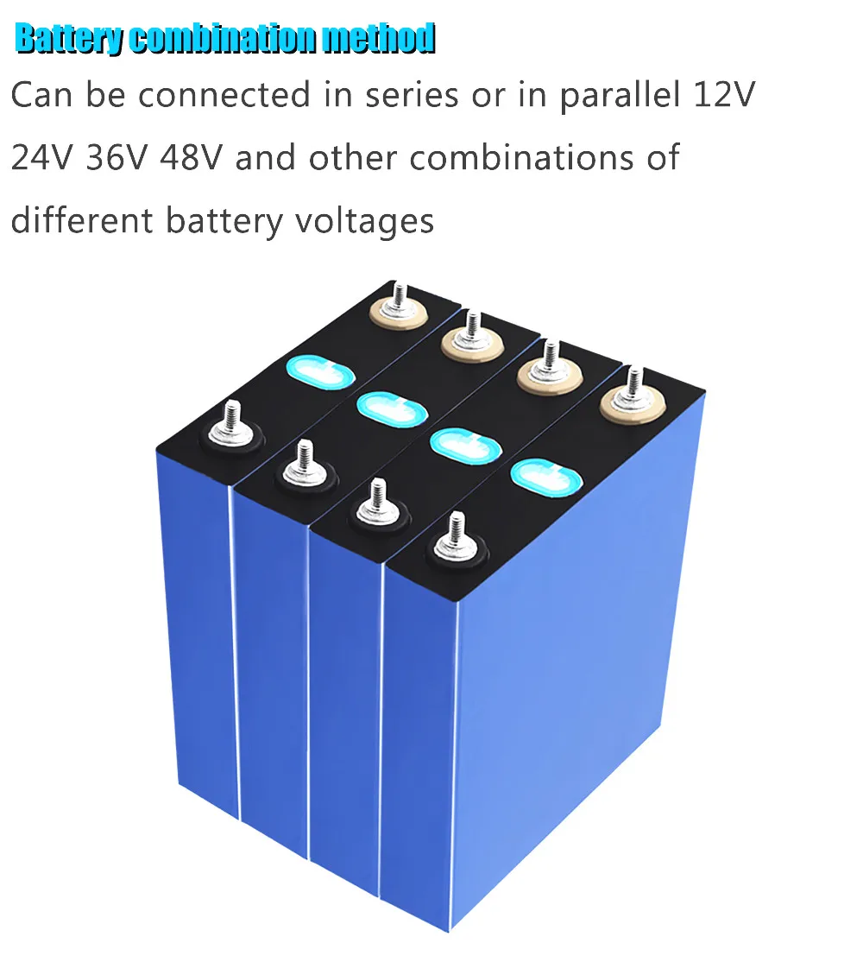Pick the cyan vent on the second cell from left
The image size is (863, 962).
pyautogui.click(x=392, y=408)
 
